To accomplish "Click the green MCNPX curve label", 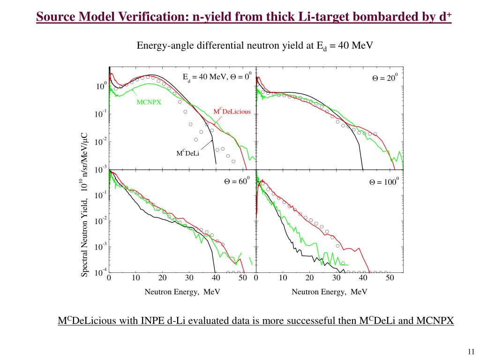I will [149, 102].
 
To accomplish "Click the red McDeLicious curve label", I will [232, 112].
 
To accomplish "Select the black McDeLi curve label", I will [188, 153].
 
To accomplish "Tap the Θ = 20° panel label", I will [384, 78].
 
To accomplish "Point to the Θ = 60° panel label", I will [237, 182].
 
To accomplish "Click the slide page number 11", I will [471, 352].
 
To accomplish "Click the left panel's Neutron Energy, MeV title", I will [182, 292].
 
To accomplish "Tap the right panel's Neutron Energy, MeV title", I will [330, 292].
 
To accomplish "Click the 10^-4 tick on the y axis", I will [101, 271].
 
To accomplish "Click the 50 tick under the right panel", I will [390, 278].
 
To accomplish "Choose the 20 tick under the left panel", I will [162, 278].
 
